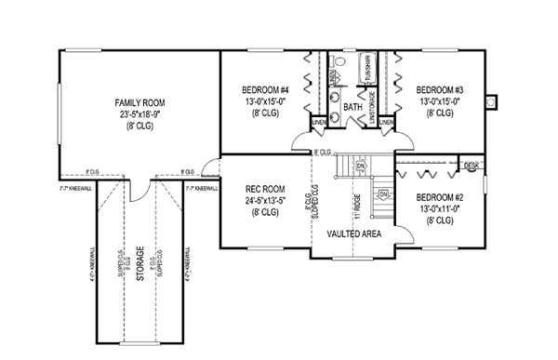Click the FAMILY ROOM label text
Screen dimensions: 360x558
139,101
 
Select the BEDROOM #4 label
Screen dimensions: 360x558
262,78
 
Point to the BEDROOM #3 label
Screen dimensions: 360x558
440,78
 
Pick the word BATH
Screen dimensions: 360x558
352,108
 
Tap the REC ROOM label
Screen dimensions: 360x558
264,187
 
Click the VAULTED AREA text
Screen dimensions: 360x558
355,233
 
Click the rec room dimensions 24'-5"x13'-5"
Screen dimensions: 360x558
264,199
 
